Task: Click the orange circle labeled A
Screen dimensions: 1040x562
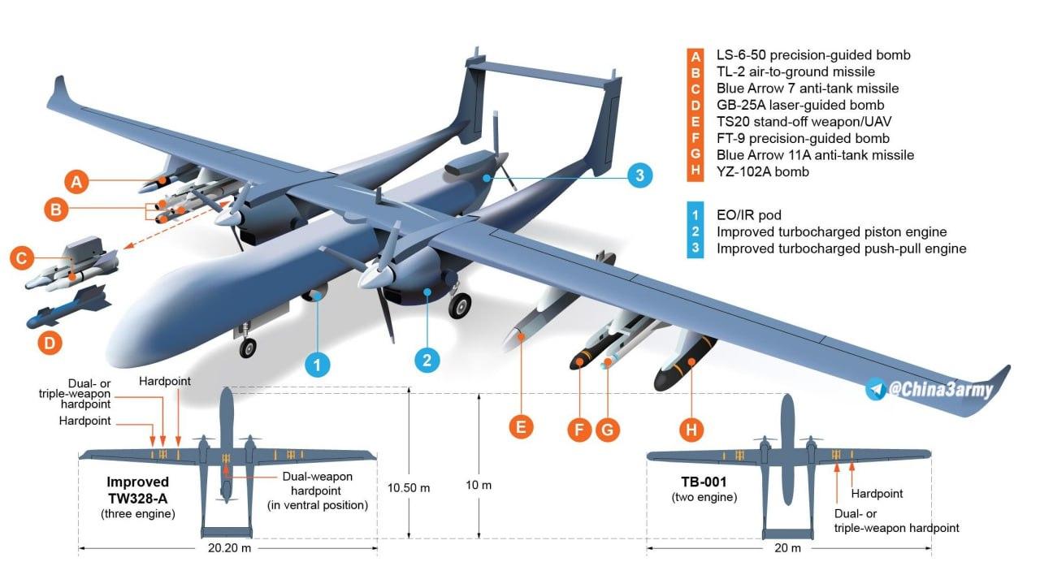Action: (x=76, y=181)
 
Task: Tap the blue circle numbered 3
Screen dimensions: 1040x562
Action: (x=639, y=175)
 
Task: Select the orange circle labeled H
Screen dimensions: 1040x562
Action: (x=691, y=430)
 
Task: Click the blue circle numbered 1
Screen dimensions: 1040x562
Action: (x=318, y=365)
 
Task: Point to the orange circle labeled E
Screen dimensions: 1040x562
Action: (x=521, y=426)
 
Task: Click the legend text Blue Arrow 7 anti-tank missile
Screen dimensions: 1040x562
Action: (x=808, y=89)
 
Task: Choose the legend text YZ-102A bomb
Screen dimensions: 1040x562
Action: (x=762, y=171)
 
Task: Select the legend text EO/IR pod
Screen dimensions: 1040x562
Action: (x=748, y=215)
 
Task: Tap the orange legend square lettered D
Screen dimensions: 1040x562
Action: (x=695, y=106)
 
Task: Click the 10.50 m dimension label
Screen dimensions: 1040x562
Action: (x=409, y=488)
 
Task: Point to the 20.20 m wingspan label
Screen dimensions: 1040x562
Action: (x=229, y=548)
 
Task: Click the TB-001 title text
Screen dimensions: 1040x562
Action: (x=704, y=482)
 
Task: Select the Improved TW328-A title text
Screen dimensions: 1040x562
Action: (x=138, y=490)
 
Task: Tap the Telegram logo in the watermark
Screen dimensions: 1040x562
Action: (x=876, y=389)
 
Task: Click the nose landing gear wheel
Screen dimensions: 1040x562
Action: (x=248, y=348)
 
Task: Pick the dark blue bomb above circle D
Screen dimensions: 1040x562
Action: (x=69, y=308)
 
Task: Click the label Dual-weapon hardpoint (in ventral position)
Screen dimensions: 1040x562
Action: (x=318, y=491)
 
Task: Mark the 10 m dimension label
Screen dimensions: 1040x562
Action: (x=479, y=485)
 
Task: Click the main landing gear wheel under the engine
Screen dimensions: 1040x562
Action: (x=460, y=305)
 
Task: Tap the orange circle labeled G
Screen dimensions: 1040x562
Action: (x=607, y=430)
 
